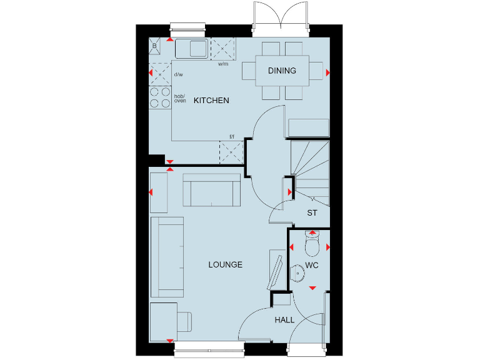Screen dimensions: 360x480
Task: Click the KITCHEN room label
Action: tap(211, 101)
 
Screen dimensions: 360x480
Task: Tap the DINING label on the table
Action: tap(282, 71)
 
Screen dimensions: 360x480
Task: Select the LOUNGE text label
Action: tap(225, 265)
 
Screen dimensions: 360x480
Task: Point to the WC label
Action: tap(312, 266)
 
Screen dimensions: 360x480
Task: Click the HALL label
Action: tap(284, 320)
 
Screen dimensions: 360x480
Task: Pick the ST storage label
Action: tap(312, 213)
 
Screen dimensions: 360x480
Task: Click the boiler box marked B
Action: tap(154, 46)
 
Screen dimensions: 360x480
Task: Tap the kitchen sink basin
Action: tap(191, 48)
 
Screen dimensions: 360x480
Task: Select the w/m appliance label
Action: tap(222, 64)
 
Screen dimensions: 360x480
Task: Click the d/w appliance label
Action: tap(178, 75)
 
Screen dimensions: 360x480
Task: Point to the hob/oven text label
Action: tap(179, 99)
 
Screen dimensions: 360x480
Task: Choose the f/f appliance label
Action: tap(231, 136)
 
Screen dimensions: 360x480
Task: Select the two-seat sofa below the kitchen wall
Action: tap(212, 190)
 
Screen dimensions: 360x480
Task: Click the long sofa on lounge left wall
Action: tap(167, 257)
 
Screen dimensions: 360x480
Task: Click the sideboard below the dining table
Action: tap(309, 127)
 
